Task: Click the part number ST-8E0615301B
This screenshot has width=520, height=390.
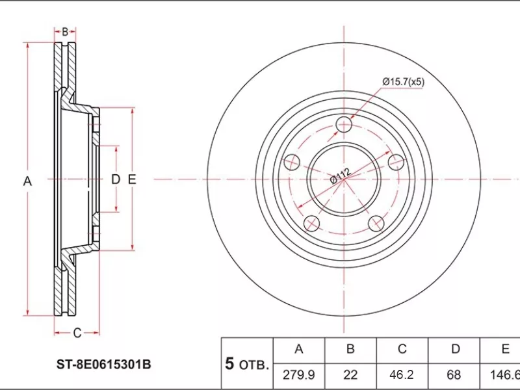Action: point(103,365)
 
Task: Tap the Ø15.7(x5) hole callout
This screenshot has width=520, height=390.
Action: point(403,82)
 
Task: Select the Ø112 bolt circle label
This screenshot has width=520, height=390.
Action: point(339,176)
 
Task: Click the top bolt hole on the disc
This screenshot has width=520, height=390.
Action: point(344,125)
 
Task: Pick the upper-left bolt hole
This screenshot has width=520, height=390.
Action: point(292,162)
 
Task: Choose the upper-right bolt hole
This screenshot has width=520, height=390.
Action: point(395,162)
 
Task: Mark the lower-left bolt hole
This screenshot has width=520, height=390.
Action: point(312,224)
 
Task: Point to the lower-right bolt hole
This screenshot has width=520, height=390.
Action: point(376,224)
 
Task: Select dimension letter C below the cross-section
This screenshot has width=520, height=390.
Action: point(76,333)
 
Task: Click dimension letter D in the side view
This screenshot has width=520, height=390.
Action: point(115,179)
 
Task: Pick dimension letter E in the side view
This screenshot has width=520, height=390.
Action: point(131,179)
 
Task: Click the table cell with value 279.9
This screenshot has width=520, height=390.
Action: point(299,375)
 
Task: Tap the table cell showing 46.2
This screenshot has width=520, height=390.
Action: point(402,375)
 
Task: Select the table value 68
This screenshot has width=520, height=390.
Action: point(454,375)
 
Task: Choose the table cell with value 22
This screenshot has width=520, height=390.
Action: point(350,375)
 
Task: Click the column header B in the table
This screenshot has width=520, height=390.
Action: point(350,349)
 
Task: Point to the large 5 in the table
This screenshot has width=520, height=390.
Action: point(229,363)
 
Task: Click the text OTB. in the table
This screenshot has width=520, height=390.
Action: point(253,365)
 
